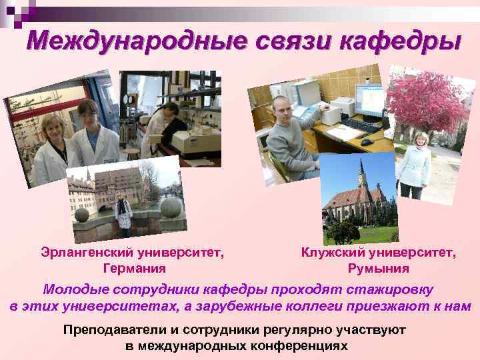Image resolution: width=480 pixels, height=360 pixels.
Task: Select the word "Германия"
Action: (135, 269)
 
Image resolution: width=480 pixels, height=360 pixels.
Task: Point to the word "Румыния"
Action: (378, 269)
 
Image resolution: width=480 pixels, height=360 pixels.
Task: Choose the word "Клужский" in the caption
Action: (331, 253)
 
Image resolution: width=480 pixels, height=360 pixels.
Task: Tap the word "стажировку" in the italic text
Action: (389, 290)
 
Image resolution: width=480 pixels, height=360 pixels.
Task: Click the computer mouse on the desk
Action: (366, 142)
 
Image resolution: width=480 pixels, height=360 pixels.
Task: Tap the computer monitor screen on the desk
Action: (369, 101)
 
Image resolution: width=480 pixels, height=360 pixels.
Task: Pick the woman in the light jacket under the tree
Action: (414, 164)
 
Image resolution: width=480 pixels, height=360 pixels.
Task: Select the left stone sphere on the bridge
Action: (81, 215)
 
